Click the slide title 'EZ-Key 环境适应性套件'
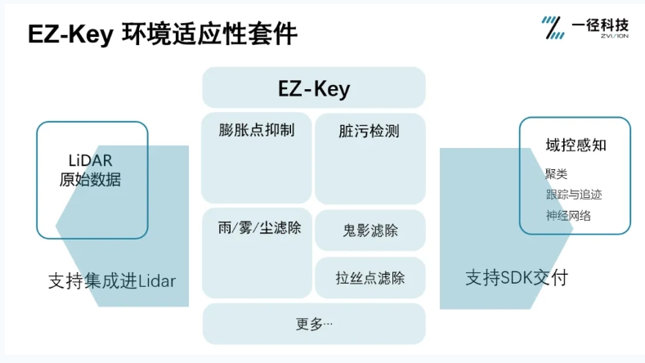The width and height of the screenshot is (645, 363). click(x=163, y=34)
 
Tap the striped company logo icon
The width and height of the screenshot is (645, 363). click(x=553, y=28)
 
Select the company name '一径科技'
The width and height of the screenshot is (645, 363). click(x=600, y=25)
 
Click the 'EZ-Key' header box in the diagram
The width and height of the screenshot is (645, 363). click(x=314, y=87)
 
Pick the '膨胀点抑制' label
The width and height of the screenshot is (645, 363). click(x=257, y=130)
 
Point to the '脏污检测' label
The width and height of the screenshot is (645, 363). click(x=369, y=131)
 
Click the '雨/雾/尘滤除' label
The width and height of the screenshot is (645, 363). click(x=260, y=227)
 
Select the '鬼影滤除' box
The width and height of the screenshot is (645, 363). click(x=370, y=230)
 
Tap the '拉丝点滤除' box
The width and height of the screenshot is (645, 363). click(x=370, y=277)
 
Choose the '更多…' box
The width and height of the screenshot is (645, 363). click(x=314, y=324)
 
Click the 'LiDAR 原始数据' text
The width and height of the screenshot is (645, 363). click(x=90, y=170)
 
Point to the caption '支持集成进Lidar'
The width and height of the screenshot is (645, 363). click(x=112, y=280)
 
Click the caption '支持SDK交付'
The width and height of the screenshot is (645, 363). click(x=517, y=278)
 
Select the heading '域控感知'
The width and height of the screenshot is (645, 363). click(x=576, y=145)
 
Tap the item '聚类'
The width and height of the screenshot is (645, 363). click(x=556, y=173)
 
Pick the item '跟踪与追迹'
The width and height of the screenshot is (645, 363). click(x=574, y=195)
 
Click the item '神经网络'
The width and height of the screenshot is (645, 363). click(x=568, y=215)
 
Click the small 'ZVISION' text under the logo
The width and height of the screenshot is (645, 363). click(x=615, y=36)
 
